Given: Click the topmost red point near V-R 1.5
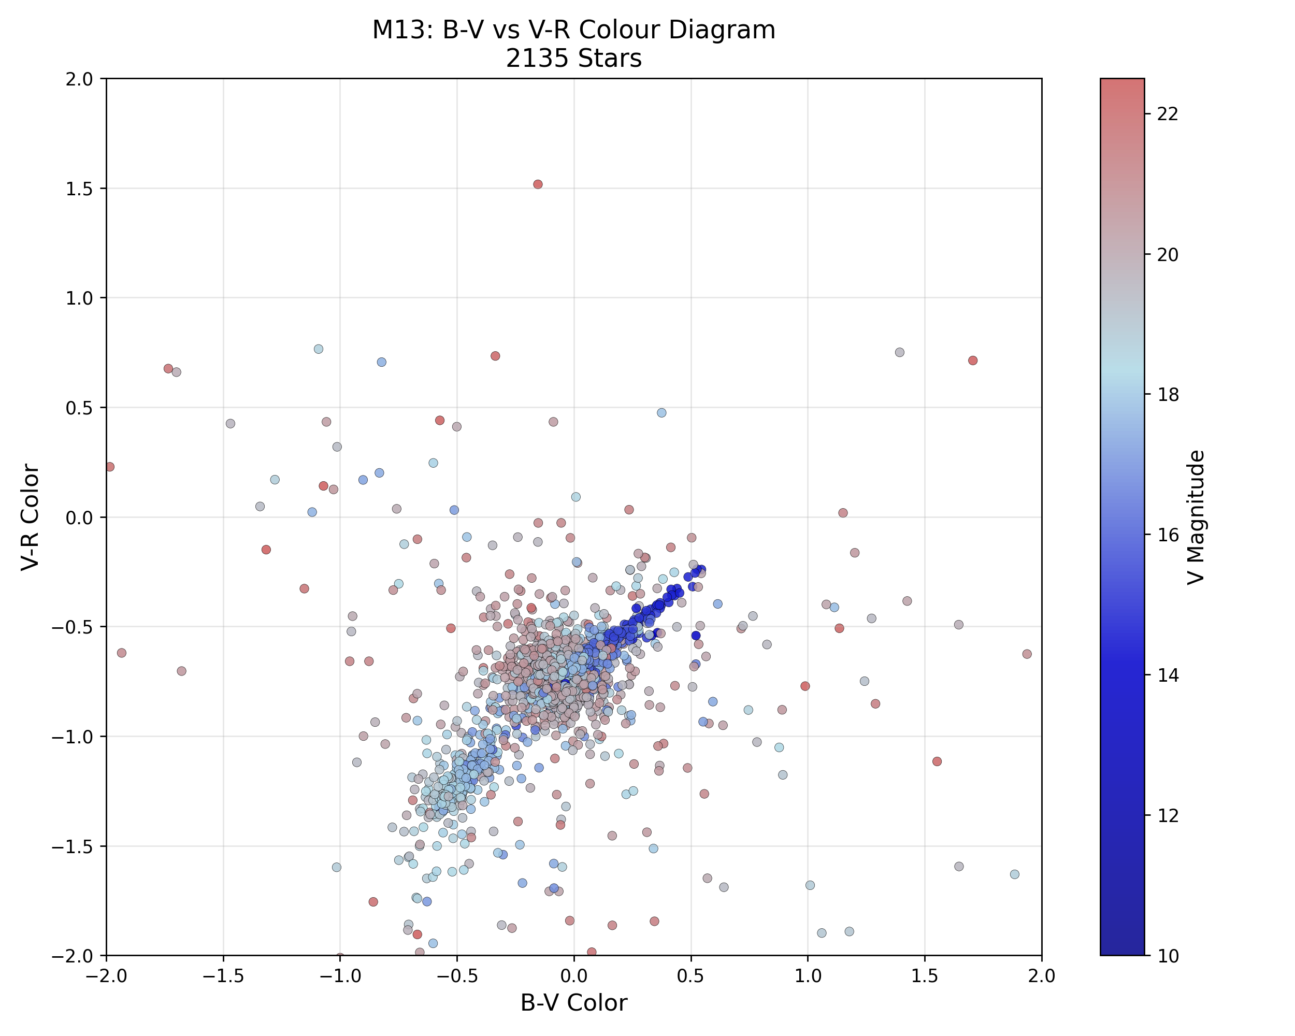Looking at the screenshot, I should click(x=538, y=184).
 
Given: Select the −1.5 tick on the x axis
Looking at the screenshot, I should click(x=223, y=976).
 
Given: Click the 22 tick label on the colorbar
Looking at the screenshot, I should click(x=1168, y=114).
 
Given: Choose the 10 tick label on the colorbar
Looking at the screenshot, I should click(x=1168, y=956).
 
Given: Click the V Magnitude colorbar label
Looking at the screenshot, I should click(x=1196, y=517).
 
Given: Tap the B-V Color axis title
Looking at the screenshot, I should click(x=573, y=1003).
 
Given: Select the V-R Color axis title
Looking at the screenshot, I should click(x=30, y=517).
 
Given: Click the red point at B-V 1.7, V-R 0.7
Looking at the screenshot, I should click(x=972, y=361).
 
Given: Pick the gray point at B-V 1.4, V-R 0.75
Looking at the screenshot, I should click(x=899, y=353).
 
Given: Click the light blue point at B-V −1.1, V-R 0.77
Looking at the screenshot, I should click(x=319, y=349).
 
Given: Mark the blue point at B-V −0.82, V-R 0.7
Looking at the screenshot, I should click(x=381, y=362).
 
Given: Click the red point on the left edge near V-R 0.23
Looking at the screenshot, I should click(x=109, y=467).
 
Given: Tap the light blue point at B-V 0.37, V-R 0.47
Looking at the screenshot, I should click(x=661, y=413).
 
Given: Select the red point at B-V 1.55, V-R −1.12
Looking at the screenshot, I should click(x=937, y=761).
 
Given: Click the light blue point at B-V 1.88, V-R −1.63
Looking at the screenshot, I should click(x=1014, y=874).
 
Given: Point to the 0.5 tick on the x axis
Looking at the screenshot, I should click(x=690, y=976).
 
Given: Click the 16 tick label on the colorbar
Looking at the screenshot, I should click(x=1168, y=535).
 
